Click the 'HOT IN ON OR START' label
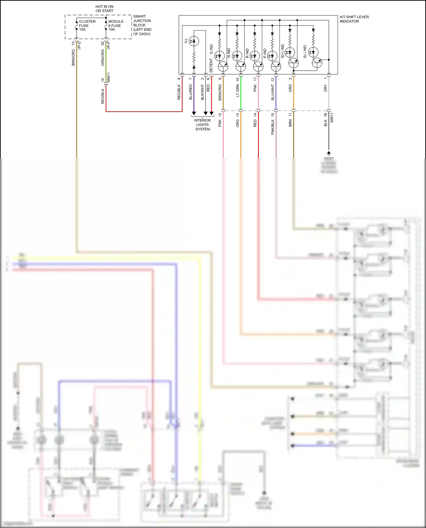point(104,9)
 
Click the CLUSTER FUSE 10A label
point(87,26)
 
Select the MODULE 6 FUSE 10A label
point(116,26)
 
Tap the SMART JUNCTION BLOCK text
point(142,25)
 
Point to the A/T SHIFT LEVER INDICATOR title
point(354,19)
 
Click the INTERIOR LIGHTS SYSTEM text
point(202,125)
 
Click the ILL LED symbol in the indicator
point(194,41)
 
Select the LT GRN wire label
point(238,91)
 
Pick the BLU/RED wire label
point(191,92)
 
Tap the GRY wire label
point(325,88)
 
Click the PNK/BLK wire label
point(273,127)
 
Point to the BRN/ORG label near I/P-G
point(73,58)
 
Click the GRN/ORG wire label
point(103,58)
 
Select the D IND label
point(211,49)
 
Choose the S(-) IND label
point(305,52)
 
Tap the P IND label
point(265,53)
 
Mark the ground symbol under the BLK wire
point(329,153)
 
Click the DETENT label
point(211,66)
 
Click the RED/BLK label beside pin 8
point(179,92)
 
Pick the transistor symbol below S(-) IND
point(317,63)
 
